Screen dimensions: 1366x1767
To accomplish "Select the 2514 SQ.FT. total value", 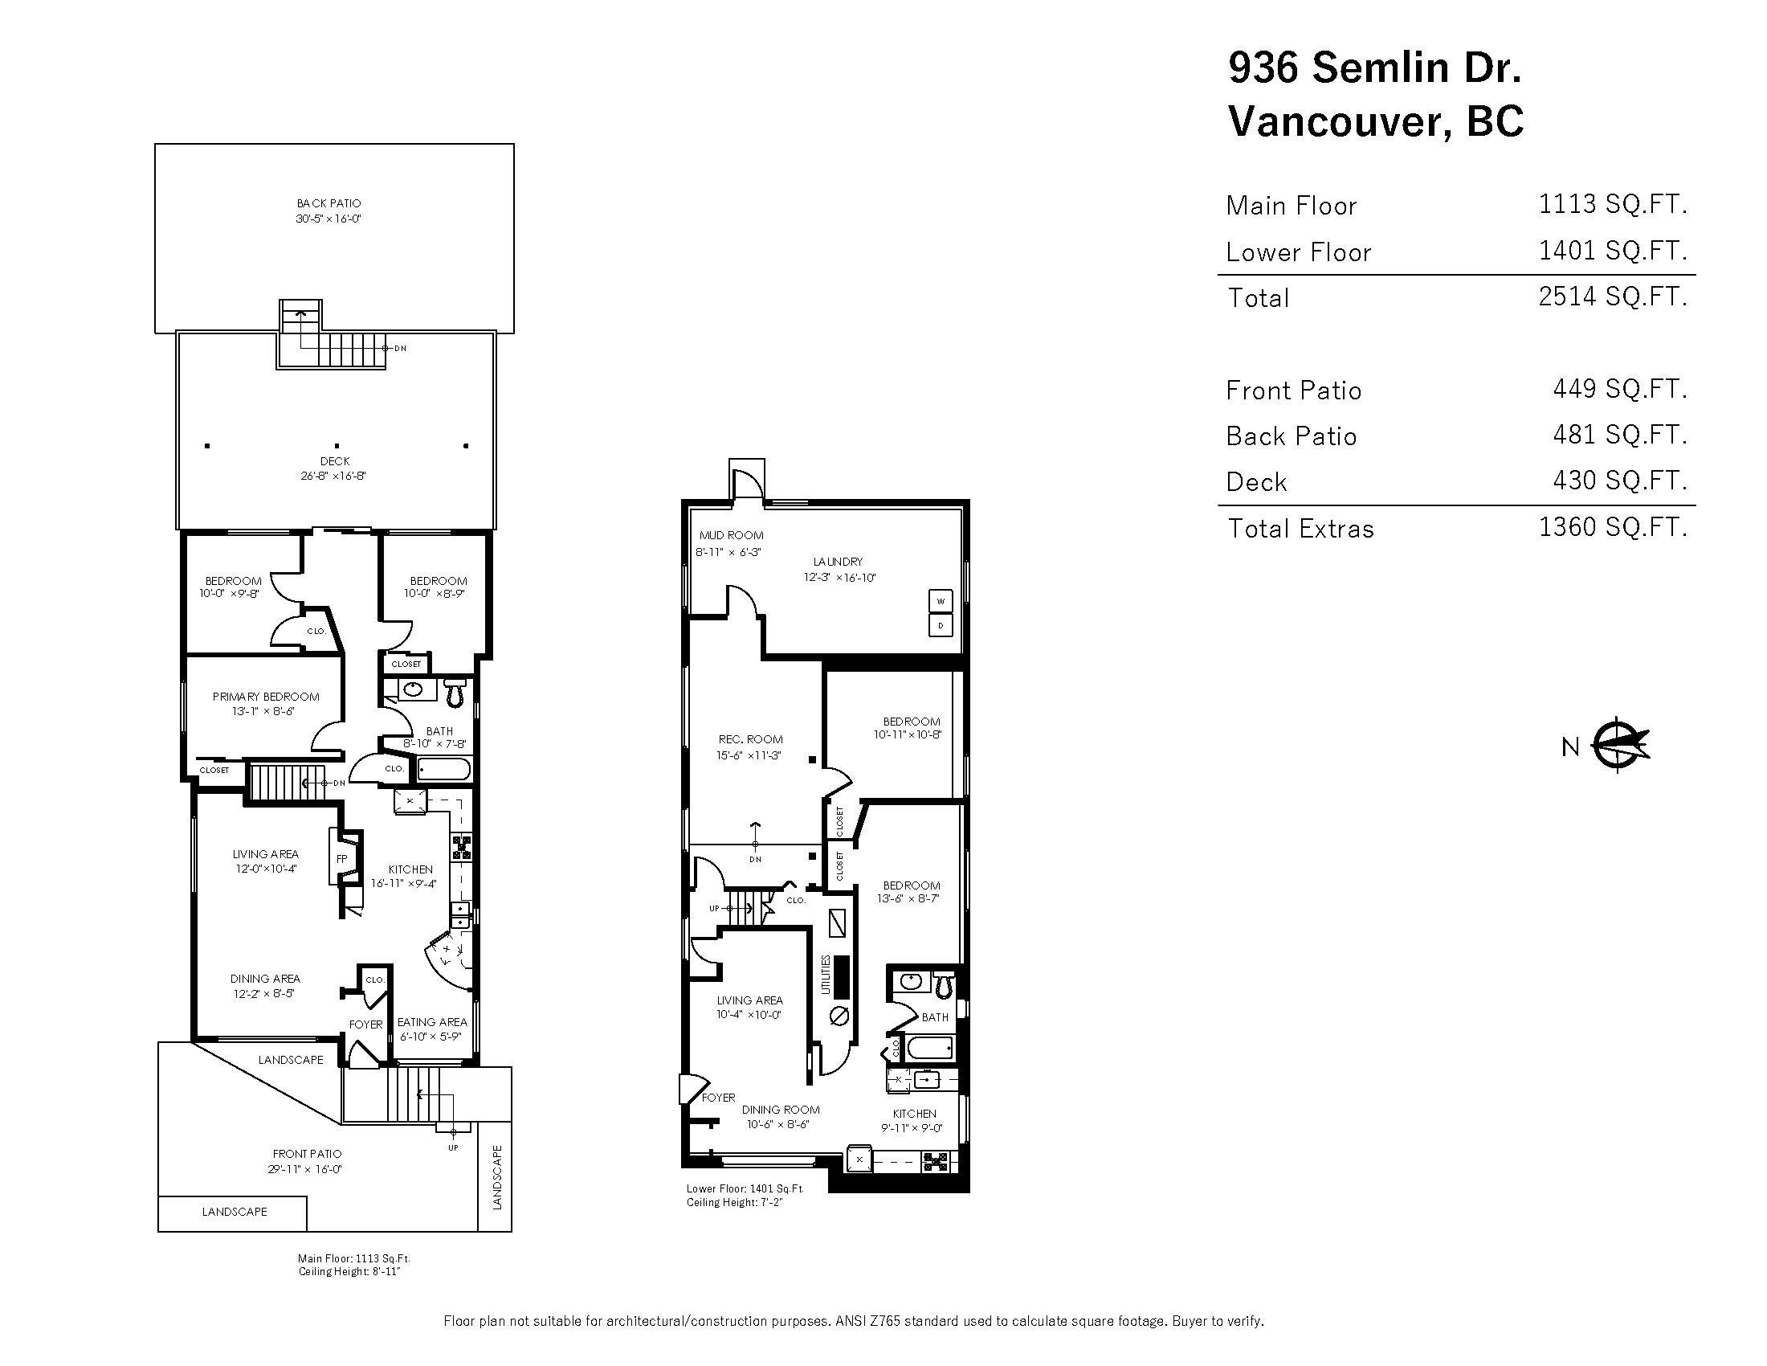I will pyautogui.click(x=1613, y=297).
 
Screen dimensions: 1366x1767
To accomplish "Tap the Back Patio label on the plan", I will pyautogui.click(x=329, y=203).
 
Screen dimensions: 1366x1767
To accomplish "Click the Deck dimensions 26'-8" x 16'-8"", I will pyautogui.click(x=333, y=476).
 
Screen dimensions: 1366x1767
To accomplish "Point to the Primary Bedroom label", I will pyautogui.click(x=265, y=696).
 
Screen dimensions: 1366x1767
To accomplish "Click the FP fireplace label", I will pyautogui.click(x=341, y=859).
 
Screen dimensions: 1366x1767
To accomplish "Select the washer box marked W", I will pyautogui.click(x=941, y=601).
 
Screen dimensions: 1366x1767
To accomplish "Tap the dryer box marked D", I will pyautogui.click(x=941, y=625).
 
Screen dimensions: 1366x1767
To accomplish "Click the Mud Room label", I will pyautogui.click(x=731, y=535).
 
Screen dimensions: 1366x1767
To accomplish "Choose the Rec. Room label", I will pyautogui.click(x=750, y=738).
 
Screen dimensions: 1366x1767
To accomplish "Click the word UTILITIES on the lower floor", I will pyautogui.click(x=826, y=975).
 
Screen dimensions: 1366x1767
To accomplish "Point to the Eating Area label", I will pyautogui.click(x=432, y=1022).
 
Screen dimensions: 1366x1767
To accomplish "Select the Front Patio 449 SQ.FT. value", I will pyautogui.click(x=1619, y=389).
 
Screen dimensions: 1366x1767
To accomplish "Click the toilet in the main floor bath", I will pyautogui.click(x=455, y=690).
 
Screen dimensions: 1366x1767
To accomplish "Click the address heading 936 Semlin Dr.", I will pyautogui.click(x=1374, y=67).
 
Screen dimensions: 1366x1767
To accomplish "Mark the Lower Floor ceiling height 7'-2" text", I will pyautogui.click(x=734, y=1203).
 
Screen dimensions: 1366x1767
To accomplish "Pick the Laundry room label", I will pyautogui.click(x=839, y=561).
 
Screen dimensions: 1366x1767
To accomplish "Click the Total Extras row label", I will pyautogui.click(x=1300, y=529).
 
